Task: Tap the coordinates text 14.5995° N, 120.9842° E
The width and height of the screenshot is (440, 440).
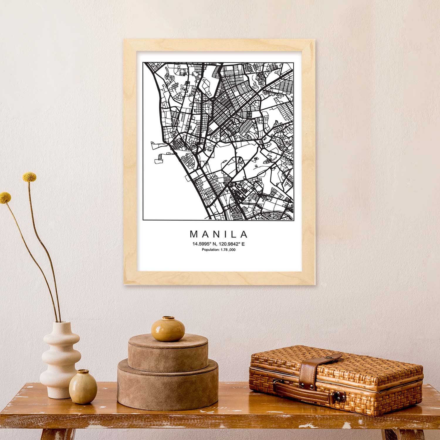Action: click(219, 244)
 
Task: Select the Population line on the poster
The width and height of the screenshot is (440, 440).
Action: click(219, 250)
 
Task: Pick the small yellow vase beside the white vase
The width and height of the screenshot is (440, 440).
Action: click(83, 384)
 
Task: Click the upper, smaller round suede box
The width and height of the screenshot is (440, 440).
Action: click(168, 353)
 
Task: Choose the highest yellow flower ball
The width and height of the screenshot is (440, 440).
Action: click(30, 177)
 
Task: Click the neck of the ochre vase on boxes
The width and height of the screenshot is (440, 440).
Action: click(167, 318)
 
